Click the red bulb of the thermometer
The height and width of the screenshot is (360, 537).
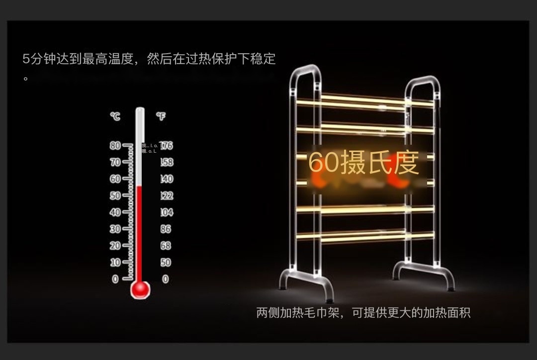coord(140,289)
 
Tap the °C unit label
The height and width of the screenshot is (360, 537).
coord(115,116)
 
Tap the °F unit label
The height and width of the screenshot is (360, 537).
coord(161,116)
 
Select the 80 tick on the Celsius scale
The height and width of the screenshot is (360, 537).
coord(115,146)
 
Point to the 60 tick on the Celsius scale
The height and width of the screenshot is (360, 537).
coord(115,179)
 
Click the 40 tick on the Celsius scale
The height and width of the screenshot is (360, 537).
coord(115,212)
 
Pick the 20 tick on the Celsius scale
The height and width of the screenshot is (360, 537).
coord(115,246)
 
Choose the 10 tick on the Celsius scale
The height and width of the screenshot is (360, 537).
coord(115,262)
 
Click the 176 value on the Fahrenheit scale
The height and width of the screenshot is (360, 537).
coord(166,146)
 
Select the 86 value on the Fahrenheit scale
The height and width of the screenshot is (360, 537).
coord(166,229)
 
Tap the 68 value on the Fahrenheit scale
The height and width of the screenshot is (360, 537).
coord(166,246)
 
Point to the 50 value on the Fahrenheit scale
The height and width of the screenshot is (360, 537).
coord(166,262)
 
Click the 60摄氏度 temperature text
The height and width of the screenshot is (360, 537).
coord(363,164)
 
